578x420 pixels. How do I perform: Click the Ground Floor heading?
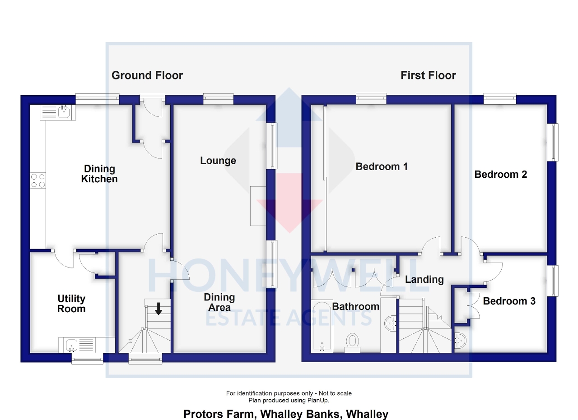click(147, 75)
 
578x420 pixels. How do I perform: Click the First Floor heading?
click(428, 75)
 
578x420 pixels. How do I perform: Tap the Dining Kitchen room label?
click(99, 174)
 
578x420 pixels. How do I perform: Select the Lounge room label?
click(218, 161)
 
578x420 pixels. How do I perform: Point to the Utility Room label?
click(71, 304)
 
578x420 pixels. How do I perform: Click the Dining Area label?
click(219, 302)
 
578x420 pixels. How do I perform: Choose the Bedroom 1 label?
click(382, 166)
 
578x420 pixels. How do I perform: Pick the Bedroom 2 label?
click(500, 174)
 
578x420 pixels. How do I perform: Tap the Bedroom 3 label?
click(509, 301)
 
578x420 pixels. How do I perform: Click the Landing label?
click(424, 279)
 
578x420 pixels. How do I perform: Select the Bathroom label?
click(356, 307)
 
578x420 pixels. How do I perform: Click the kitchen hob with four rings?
click(37, 180)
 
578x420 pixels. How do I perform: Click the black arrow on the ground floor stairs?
click(158, 309)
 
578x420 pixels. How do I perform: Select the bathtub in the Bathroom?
click(322, 327)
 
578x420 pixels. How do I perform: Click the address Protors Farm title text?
click(286, 414)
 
